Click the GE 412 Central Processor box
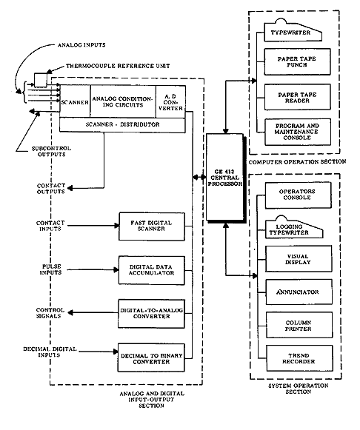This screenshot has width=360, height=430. pyautogui.click(x=224, y=177)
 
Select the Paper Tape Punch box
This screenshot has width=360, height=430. pyautogui.click(x=297, y=61)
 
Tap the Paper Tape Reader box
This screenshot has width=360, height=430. pyautogui.click(x=298, y=97)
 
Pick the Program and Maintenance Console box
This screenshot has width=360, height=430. pyautogui.click(x=298, y=132)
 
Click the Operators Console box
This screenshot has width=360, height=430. pyautogui.click(x=298, y=195)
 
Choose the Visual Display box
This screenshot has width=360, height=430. pyautogui.click(x=299, y=259)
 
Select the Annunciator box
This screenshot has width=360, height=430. pyautogui.click(x=299, y=292)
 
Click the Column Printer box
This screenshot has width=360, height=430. pyautogui.click(x=299, y=325)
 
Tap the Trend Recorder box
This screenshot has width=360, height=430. pyautogui.click(x=299, y=358)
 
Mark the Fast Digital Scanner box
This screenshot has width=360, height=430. pyautogui.click(x=152, y=226)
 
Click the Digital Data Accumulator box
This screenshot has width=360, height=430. pyautogui.click(x=151, y=270)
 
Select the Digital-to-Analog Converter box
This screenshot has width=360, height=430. pyautogui.click(x=151, y=314)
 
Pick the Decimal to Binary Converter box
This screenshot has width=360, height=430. pyautogui.click(x=151, y=357)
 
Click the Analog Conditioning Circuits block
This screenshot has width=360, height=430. pyautogui.click(x=123, y=101)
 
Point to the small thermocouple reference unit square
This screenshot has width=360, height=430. pyautogui.click(x=40, y=80)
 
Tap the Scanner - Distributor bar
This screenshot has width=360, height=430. pyautogui.click(x=122, y=125)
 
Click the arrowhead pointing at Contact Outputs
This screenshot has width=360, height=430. pyautogui.click(x=70, y=188)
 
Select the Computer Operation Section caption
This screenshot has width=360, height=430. pyautogui.click(x=297, y=162)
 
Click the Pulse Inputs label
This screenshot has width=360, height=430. pyautogui.click(x=50, y=269)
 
